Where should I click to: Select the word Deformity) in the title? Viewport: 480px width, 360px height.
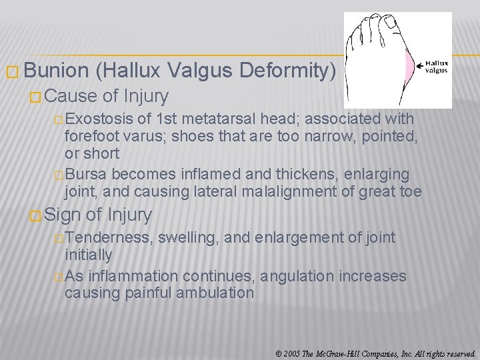click(294, 71)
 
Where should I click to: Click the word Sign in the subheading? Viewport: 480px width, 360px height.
click(63, 215)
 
